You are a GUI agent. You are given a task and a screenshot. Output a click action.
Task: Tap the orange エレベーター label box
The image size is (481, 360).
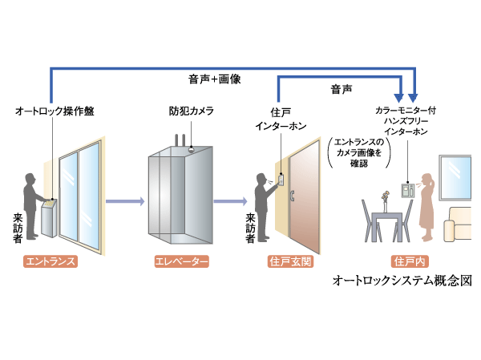(x=179, y=261)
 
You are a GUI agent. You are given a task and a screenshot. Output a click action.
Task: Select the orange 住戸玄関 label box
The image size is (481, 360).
(x=288, y=261)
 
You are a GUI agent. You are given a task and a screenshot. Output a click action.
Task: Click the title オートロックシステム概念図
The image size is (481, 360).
(x=401, y=282)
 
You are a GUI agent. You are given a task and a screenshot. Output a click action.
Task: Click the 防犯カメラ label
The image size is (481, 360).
(x=191, y=111)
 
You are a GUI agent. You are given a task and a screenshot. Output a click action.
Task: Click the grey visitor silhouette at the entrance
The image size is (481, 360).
(x=33, y=205)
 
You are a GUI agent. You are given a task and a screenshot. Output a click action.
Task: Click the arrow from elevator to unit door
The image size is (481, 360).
(x=232, y=201)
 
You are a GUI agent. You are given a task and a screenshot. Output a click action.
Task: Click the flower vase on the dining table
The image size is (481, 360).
(x=385, y=196)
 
